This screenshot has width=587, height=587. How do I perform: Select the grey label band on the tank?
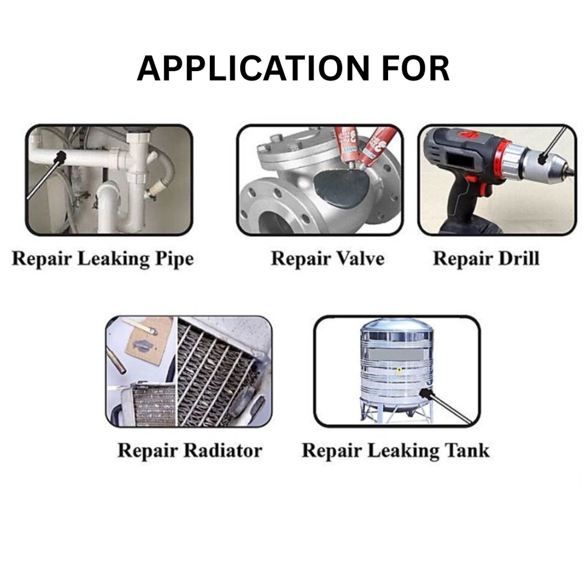pyautogui.click(x=397, y=354)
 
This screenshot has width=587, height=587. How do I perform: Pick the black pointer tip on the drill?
pyautogui.click(x=541, y=159)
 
